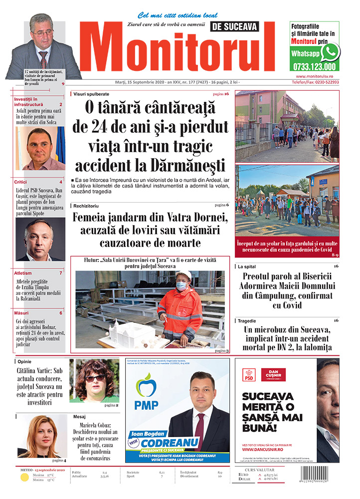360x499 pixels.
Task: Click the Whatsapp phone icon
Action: pyautogui.click(x=330, y=52)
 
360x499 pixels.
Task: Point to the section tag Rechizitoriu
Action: pyautogui.click(x=85, y=206)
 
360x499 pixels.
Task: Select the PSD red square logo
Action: pyautogui.click(x=249, y=375)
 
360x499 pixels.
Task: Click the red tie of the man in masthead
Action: pyautogui.click(x=43, y=59)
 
